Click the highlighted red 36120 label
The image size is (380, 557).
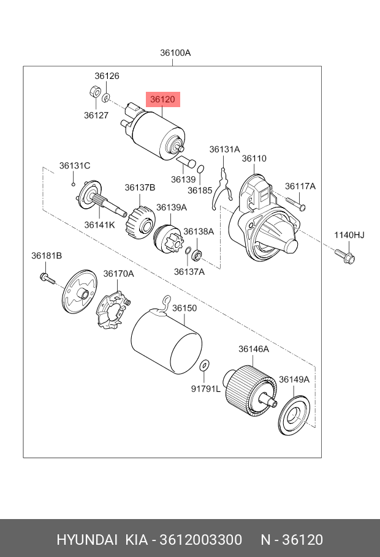163,99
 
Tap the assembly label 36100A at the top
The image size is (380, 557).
175,53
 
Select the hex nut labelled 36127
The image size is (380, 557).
94,92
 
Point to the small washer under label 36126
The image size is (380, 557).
106,97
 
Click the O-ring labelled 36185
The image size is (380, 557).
200,168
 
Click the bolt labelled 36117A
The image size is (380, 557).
295,204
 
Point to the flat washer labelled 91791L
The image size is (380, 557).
204,365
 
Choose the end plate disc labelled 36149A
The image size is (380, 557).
294,416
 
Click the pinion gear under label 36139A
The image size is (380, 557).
169,238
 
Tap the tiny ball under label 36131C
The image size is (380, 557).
74,184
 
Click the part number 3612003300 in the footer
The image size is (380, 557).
200,540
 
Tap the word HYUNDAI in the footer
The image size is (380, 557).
87,540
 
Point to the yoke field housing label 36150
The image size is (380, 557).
184,308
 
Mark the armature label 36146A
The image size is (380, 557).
254,349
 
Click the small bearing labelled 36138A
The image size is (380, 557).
197,255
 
